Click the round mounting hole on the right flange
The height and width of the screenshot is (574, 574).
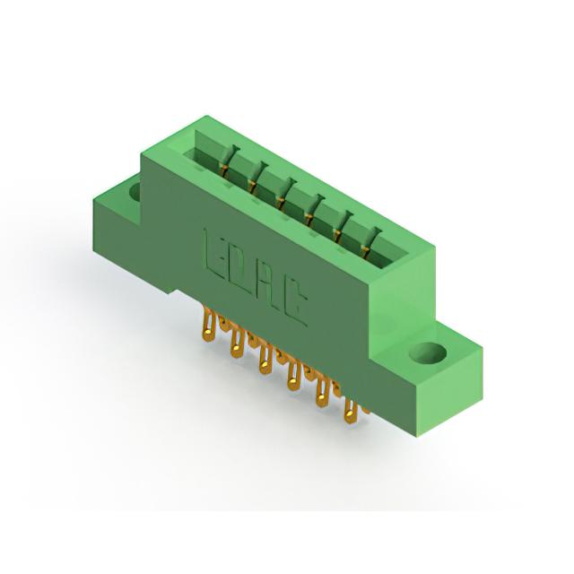click(x=428, y=352)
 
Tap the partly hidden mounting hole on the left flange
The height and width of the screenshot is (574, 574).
click(x=135, y=192)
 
